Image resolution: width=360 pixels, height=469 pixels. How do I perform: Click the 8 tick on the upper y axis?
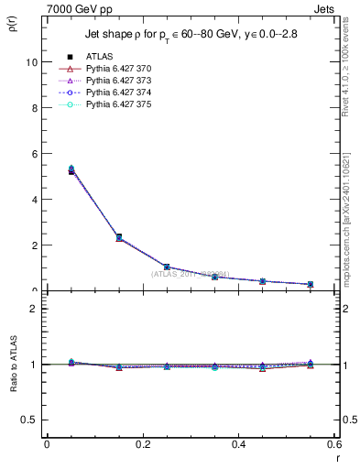point(35,108)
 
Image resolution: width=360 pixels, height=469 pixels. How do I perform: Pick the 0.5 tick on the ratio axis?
point(31,420)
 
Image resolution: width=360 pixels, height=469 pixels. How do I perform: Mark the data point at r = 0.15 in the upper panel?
point(119,237)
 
